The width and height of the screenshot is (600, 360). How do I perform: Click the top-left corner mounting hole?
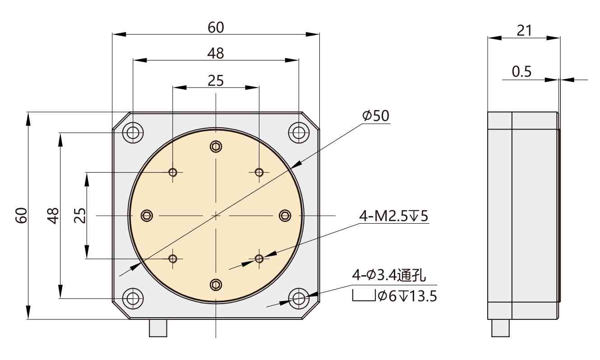click(x=133, y=133)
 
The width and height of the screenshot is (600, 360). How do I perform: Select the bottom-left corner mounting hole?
click(x=133, y=298)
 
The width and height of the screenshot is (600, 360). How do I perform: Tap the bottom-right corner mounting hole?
click(x=298, y=298)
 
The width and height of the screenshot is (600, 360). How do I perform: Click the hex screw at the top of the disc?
click(x=216, y=147)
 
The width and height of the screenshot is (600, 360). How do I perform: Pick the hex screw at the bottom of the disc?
click(x=216, y=284)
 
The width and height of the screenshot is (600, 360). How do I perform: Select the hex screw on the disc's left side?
click(x=147, y=216)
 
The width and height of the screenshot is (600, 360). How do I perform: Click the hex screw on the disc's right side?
click(x=285, y=216)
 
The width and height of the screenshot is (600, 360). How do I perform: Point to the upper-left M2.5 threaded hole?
click(x=173, y=172)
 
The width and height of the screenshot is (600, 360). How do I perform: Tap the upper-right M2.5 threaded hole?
click(x=259, y=172)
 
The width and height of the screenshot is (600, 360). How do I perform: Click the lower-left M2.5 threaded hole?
click(x=173, y=258)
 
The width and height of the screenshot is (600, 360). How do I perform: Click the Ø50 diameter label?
click(x=375, y=116)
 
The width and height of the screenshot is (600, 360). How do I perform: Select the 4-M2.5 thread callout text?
click(x=393, y=217)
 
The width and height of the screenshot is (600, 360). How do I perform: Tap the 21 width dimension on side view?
click(x=524, y=30)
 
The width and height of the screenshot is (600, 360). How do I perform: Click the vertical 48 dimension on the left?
click(x=53, y=216)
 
